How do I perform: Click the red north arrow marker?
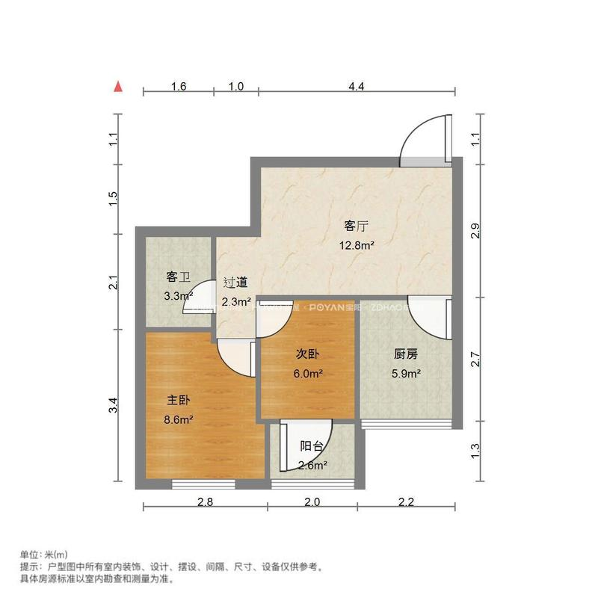point(117,86)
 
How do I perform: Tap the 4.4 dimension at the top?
point(356,86)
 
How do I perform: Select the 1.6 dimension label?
point(178,86)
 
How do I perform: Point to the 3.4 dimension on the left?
point(113,407)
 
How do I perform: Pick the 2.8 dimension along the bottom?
point(205,502)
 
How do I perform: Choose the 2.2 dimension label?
point(406,502)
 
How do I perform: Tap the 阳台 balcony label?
point(312,446)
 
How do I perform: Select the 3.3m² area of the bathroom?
point(179,296)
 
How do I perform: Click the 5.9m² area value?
point(406,373)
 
